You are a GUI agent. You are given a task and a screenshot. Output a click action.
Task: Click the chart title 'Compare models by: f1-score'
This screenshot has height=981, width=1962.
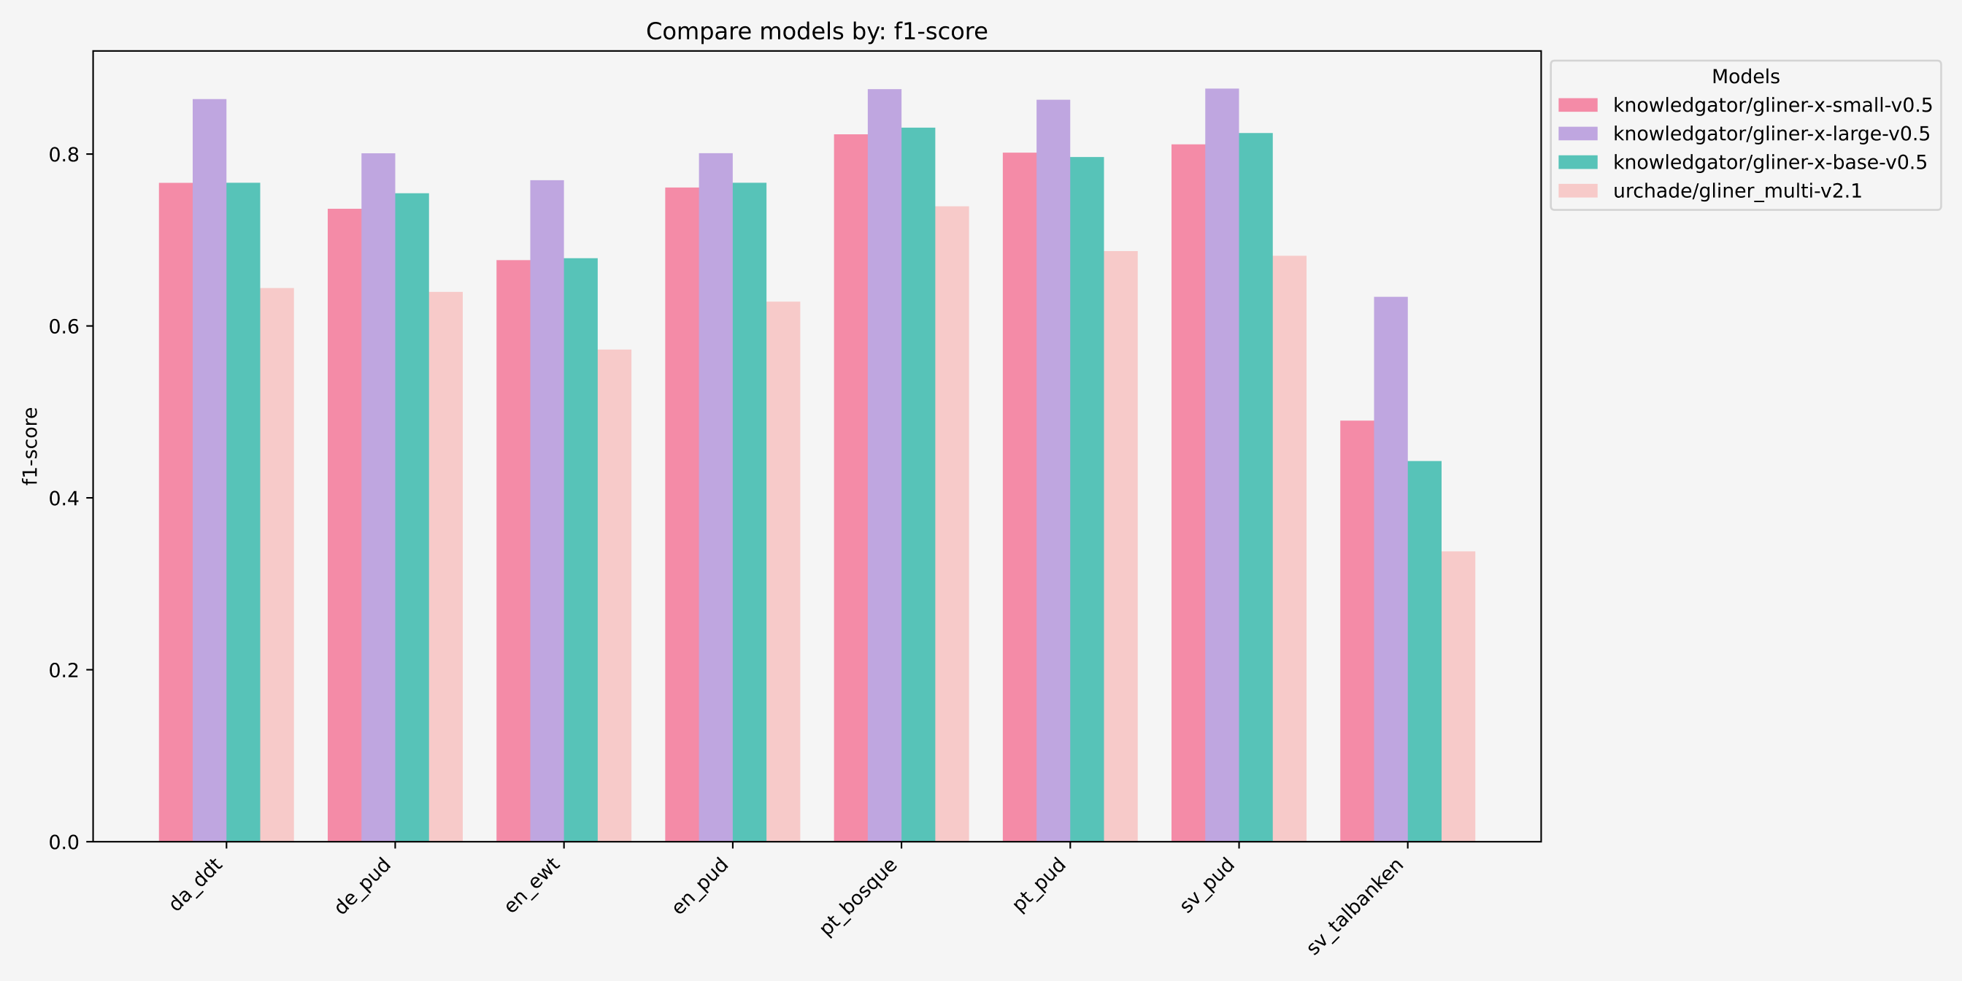tap(817, 31)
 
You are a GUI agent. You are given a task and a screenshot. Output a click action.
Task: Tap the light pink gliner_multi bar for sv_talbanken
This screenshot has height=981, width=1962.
tap(1458, 696)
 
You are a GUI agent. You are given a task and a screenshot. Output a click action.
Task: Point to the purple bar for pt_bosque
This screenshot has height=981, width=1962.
tap(884, 466)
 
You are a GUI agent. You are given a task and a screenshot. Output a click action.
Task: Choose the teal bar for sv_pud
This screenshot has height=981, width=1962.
tap(1255, 488)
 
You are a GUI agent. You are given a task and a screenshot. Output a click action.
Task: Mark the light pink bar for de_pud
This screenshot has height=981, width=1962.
tap(445, 566)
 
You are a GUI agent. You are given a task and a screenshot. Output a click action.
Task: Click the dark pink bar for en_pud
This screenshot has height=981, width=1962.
tap(682, 514)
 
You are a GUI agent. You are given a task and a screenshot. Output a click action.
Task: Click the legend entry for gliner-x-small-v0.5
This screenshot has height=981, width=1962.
tap(1772, 105)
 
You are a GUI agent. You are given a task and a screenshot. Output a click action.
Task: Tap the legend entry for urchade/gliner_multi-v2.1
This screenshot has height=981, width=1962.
tap(1737, 191)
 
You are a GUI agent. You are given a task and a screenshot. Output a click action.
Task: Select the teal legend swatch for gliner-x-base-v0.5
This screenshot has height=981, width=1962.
tap(1577, 162)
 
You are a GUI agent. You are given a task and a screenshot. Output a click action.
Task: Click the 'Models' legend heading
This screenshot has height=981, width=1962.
tap(1745, 77)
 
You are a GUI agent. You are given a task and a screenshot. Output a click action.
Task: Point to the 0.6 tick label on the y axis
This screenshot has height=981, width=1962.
tap(64, 327)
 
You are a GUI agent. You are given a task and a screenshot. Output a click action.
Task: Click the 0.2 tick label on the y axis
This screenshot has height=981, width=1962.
tap(64, 670)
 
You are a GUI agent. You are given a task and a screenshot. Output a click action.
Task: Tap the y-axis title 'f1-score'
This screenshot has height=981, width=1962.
tap(31, 446)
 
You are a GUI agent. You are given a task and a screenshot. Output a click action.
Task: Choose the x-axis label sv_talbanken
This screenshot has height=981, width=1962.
tap(1355, 906)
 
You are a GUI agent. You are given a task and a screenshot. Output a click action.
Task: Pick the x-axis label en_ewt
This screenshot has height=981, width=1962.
tap(532, 884)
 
